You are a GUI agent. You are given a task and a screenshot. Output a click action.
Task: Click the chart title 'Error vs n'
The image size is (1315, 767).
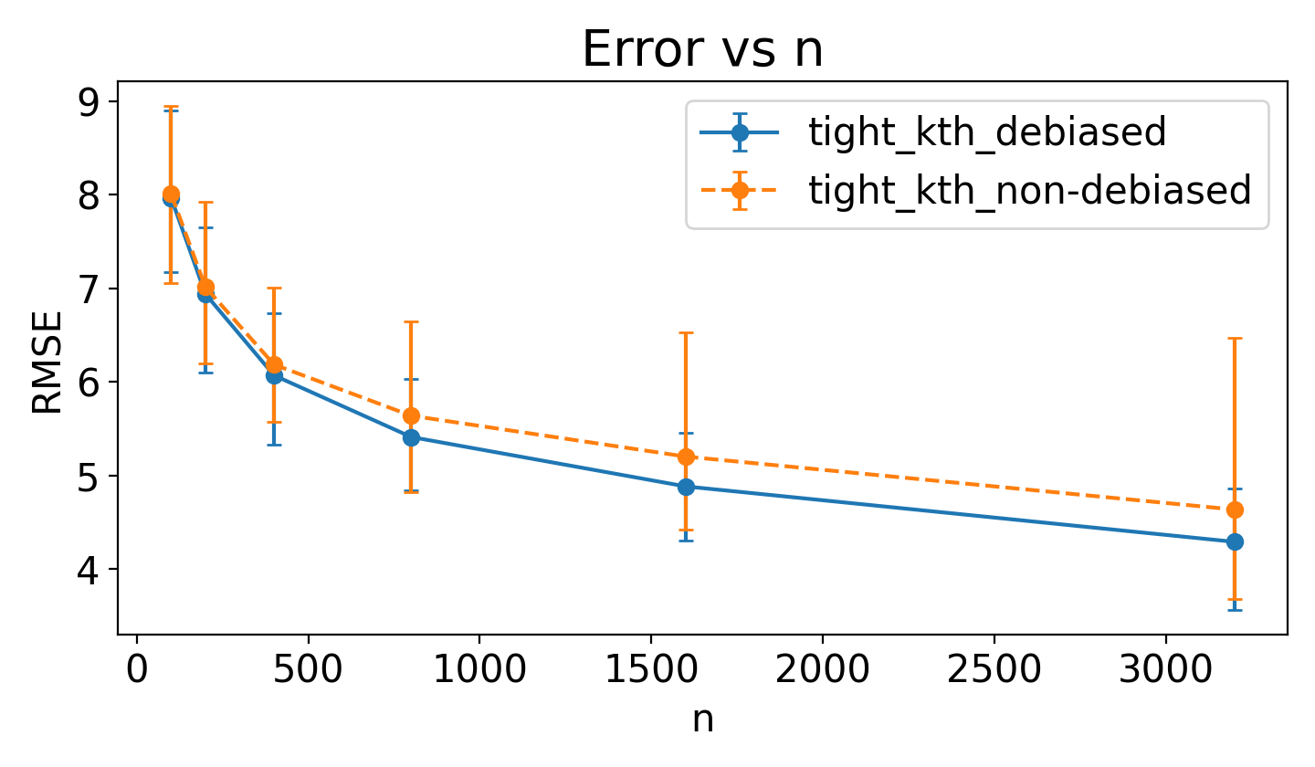(702, 50)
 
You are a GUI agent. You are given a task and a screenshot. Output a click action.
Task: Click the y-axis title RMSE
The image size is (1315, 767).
(47, 362)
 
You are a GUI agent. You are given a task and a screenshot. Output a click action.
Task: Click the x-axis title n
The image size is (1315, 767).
(702, 720)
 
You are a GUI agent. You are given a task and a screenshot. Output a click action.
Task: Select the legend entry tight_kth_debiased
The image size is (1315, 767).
(986, 133)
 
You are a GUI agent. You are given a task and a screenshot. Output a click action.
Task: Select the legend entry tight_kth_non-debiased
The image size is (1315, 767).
(1028, 191)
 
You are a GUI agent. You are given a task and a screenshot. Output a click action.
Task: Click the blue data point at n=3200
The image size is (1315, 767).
(1235, 541)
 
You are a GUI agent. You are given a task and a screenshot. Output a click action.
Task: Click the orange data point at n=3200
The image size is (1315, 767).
(1235, 510)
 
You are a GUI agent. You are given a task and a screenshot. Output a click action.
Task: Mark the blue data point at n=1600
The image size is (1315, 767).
(686, 487)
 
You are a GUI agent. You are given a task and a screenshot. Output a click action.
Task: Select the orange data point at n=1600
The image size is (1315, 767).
(686, 457)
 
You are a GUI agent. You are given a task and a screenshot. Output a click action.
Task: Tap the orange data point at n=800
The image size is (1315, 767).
(411, 415)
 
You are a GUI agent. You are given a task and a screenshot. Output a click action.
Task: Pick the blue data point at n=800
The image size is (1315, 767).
(411, 437)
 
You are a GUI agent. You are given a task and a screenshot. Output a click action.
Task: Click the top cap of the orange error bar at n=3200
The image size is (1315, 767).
(1235, 338)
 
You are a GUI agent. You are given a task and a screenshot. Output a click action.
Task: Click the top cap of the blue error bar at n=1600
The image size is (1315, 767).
(686, 433)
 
